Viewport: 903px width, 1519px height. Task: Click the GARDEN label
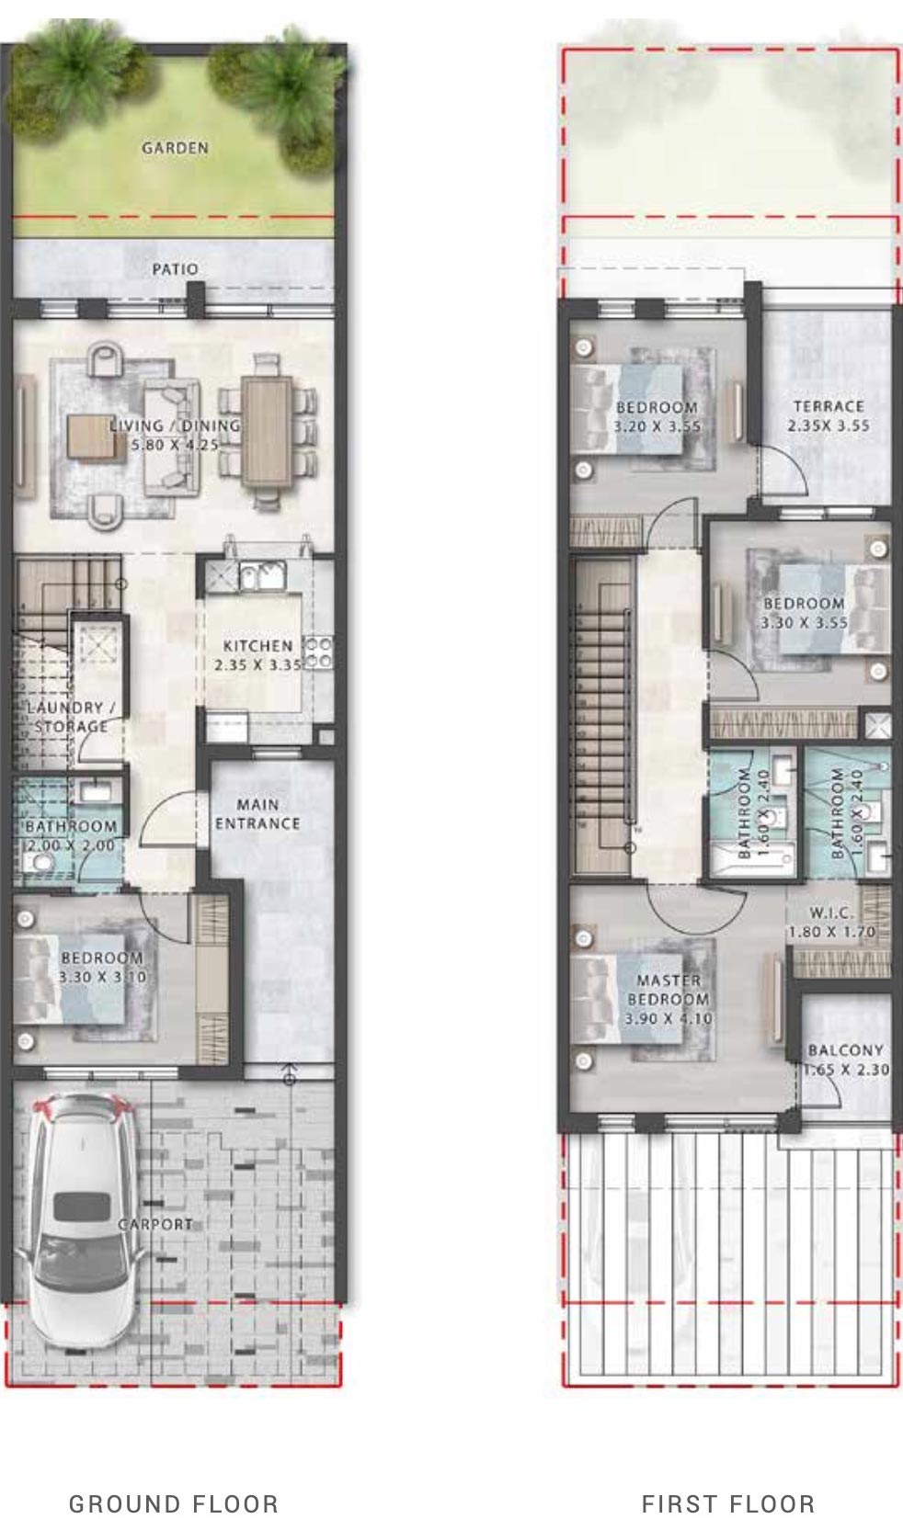[175, 148]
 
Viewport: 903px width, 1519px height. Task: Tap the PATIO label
[175, 269]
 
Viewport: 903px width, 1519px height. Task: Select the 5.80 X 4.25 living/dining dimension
[175, 445]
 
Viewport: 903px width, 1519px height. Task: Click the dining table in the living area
[267, 431]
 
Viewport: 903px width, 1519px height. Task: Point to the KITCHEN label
[257, 646]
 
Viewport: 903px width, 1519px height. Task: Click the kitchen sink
[263, 576]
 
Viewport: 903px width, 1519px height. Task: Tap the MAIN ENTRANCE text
[257, 814]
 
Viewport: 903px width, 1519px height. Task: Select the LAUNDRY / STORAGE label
[71, 717]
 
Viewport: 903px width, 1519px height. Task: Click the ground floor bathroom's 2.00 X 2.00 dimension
[71, 845]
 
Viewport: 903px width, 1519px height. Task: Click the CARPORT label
[155, 1224]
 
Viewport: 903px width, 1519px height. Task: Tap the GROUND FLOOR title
[174, 1503]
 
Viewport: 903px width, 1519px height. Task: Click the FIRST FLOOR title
[728, 1503]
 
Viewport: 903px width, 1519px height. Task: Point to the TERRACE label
[829, 406]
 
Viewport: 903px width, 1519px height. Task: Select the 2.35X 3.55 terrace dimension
[829, 425]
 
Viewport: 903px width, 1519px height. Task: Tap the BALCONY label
[846, 1050]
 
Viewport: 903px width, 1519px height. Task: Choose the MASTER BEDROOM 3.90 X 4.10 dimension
[669, 1018]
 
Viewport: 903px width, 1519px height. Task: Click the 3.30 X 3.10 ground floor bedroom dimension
[102, 977]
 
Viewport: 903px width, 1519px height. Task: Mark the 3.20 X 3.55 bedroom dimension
[657, 426]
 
